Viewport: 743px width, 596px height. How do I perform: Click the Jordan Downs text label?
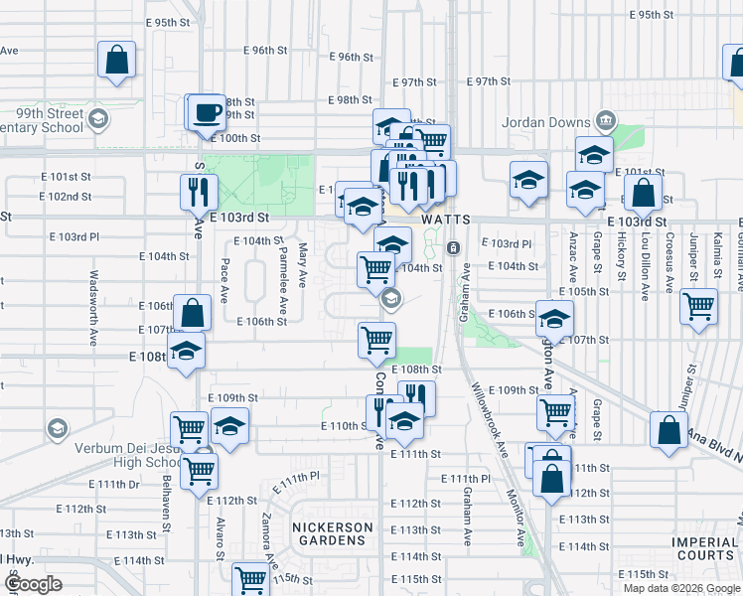click(549, 121)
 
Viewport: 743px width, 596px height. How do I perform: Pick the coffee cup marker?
click(207, 112)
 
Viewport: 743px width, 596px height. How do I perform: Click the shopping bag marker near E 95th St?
click(116, 59)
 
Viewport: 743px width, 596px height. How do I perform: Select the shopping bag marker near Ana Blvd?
click(669, 430)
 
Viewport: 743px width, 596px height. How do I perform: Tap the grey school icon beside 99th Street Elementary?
click(97, 120)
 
